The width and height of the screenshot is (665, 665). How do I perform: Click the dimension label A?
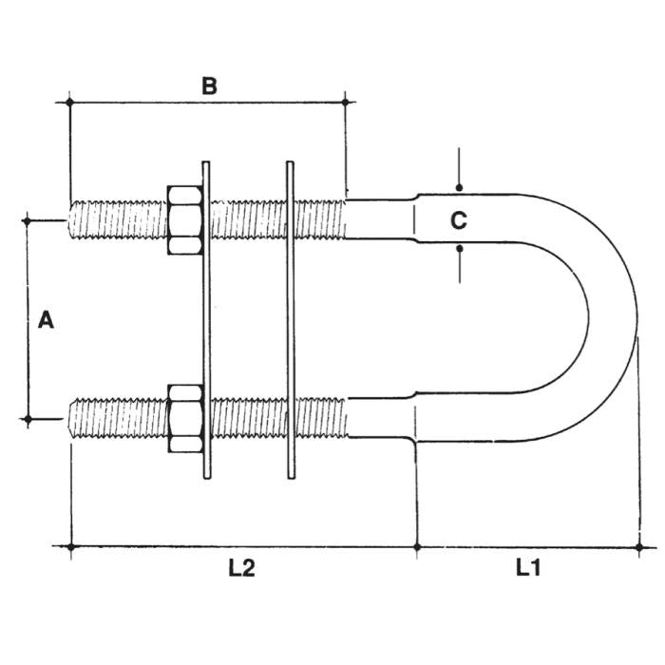pyautogui.click(x=45, y=321)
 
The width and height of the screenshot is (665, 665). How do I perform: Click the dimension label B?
pyautogui.click(x=209, y=85)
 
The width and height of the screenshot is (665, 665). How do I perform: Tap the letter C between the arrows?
pyautogui.click(x=458, y=220)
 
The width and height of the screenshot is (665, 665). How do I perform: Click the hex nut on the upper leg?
pyautogui.click(x=186, y=219)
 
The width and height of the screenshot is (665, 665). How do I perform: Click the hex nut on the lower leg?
pyautogui.click(x=186, y=418)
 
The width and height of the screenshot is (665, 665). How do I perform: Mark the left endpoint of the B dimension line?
pyautogui.click(x=69, y=100)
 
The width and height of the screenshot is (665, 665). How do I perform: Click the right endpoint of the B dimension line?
pyautogui.click(x=346, y=100)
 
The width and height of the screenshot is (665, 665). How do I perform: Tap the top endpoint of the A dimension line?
pyautogui.click(x=27, y=220)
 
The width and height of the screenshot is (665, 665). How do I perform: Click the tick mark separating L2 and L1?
pyautogui.click(x=417, y=546)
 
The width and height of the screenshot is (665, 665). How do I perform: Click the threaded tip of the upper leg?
pyautogui.click(x=76, y=219)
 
